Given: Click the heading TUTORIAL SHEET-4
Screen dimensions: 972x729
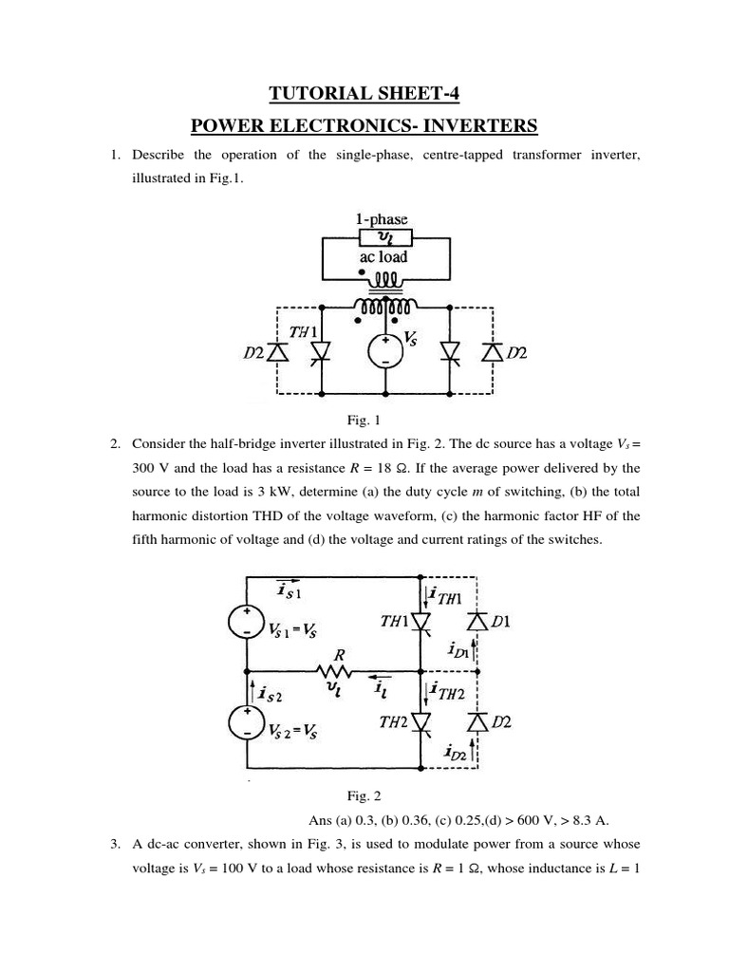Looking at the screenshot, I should point(364,93).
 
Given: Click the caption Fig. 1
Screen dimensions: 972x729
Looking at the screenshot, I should point(364,419).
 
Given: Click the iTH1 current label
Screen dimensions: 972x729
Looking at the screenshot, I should point(446,597).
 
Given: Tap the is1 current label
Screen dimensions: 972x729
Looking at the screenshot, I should point(288,591).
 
